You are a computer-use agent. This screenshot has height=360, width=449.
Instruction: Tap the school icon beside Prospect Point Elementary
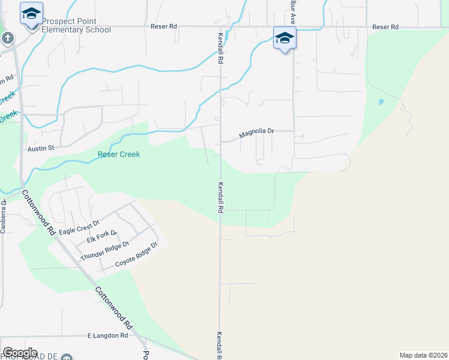[x=31, y=13]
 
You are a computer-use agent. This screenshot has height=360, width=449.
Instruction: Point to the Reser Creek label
[x=119, y=155]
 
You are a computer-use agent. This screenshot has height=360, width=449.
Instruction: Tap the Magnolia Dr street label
[x=256, y=133]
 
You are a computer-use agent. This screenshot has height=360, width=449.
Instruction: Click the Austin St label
[x=41, y=148]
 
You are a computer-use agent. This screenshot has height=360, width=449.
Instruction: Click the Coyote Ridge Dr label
[x=136, y=254]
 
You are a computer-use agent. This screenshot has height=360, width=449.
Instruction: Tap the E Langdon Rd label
[x=107, y=336]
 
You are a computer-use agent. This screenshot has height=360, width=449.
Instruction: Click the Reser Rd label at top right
[x=385, y=27]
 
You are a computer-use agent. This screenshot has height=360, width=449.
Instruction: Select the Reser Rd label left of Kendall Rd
[x=164, y=27]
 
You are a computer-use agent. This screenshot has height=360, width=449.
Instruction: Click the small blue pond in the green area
[x=381, y=102]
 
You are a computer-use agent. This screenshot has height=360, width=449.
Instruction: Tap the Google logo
[x=20, y=353]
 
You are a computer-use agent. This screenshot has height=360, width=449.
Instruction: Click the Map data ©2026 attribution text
[x=423, y=355]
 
